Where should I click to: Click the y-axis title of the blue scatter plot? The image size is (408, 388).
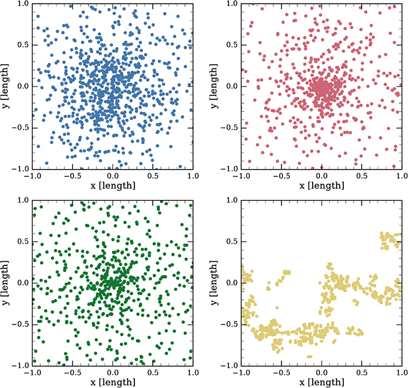[7, 85]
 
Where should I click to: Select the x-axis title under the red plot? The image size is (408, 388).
[321, 185]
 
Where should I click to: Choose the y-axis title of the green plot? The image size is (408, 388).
[7, 282]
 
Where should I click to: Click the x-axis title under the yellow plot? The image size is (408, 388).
[321, 381]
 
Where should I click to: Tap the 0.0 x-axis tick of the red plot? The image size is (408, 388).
[321, 175]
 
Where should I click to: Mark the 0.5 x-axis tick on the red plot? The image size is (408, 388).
[362, 175]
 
